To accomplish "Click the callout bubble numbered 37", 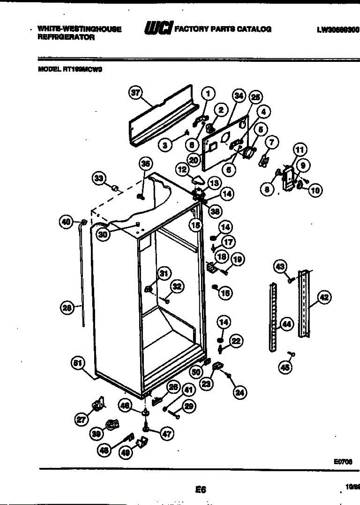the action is pyautogui.click(x=135, y=94).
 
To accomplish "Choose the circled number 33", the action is pyautogui.click(x=99, y=178).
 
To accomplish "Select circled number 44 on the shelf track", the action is pyautogui.click(x=286, y=324).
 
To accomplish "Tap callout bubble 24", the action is pyautogui.click(x=240, y=393).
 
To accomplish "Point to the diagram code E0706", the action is pyautogui.click(x=343, y=461).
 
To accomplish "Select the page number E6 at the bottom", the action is pyautogui.click(x=201, y=489).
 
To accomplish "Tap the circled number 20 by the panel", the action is pyautogui.click(x=193, y=160).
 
